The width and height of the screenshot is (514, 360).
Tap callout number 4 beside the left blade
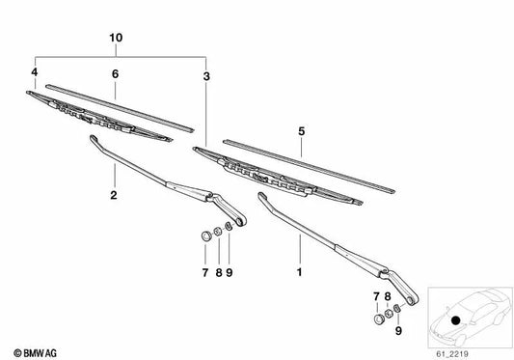34,72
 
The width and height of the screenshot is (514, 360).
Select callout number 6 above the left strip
114,73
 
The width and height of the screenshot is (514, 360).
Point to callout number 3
205,73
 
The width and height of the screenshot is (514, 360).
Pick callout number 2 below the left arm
113,195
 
